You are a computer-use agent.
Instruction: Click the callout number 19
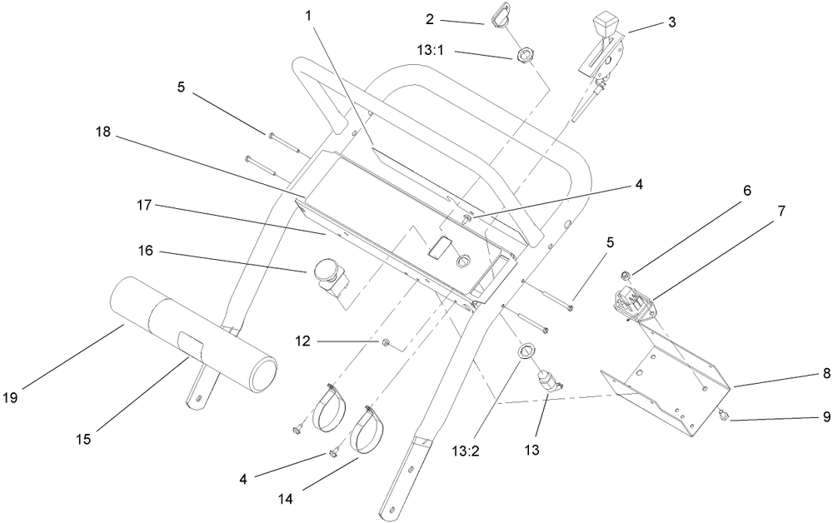pos(10,397)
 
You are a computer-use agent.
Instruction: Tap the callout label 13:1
pos(430,51)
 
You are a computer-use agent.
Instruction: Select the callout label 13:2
pos(466,451)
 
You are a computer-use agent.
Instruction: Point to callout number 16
pos(145,250)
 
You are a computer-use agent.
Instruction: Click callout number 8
pos(826,374)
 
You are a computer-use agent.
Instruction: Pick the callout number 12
pos(302,341)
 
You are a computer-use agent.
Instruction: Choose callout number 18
pos(102,132)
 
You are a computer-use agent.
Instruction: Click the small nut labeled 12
pos(383,342)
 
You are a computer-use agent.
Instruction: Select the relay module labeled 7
pos(633,304)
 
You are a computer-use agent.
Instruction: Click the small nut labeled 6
pos(626,275)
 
